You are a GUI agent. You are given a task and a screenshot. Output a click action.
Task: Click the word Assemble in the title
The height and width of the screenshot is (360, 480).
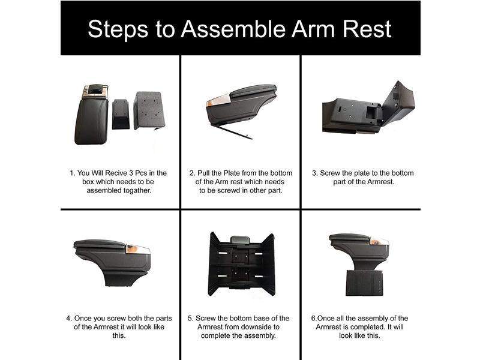coord(233,29)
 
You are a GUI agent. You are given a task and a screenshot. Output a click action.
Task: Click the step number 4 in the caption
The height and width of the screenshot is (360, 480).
coord(68,319)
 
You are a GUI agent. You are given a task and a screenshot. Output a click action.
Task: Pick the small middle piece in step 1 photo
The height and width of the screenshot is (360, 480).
coord(121,114)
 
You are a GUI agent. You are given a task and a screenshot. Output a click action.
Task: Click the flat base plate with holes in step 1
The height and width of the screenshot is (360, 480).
coord(149,111)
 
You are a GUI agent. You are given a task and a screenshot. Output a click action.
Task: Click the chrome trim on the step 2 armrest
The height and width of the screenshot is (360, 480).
coord(218,101)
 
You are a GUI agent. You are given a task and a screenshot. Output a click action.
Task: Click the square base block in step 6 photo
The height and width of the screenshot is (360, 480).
coord(364,283)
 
